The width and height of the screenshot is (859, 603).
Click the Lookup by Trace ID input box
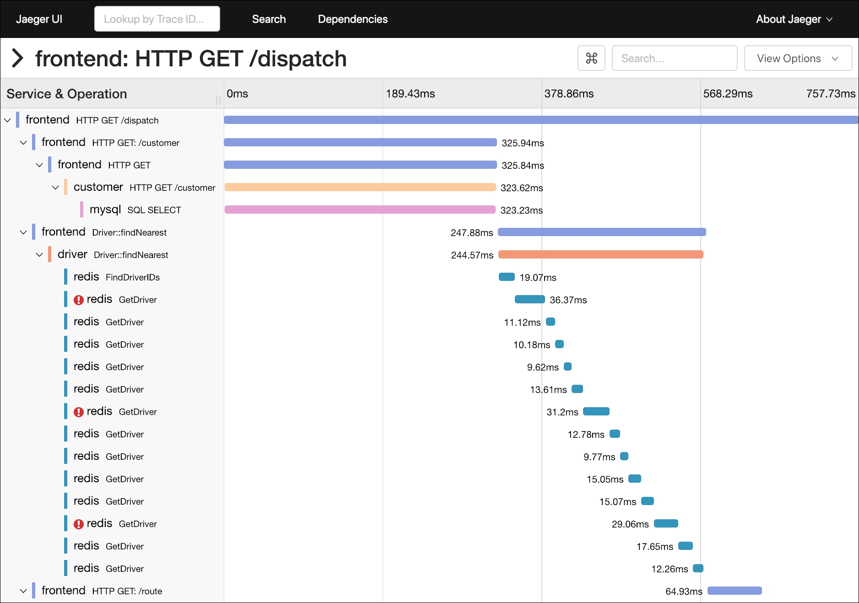pos(157,19)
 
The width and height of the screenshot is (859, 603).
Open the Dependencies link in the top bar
pos(352,19)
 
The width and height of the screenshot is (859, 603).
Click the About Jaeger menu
pos(794,19)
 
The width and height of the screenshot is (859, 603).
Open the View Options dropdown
pos(797,59)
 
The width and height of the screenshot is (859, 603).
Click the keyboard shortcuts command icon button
pos(591,59)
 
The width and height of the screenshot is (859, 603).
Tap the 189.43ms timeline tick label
pos(410,94)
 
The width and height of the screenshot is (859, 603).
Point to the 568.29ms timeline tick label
pos(728,94)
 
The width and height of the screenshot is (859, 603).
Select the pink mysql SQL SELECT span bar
pos(360,210)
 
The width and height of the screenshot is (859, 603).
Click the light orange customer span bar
pos(360,187)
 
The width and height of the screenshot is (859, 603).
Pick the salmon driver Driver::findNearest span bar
pos(600,254)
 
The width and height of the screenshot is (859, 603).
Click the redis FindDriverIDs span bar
pos(507,277)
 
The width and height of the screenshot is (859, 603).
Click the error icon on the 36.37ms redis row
pos(79,300)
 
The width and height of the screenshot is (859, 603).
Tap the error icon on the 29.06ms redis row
pos(79,524)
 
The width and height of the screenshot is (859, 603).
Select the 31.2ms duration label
pos(562,412)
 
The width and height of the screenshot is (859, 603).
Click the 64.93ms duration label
pos(684,591)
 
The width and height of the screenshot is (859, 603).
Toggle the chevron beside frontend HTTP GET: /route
pos(23,591)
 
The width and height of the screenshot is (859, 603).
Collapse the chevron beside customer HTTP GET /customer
pos(55,187)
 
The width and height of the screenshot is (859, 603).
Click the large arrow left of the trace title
pos(17,58)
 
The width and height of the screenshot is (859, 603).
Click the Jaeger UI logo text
pos(39,19)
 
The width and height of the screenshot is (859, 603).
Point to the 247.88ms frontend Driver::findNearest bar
pos(601,232)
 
